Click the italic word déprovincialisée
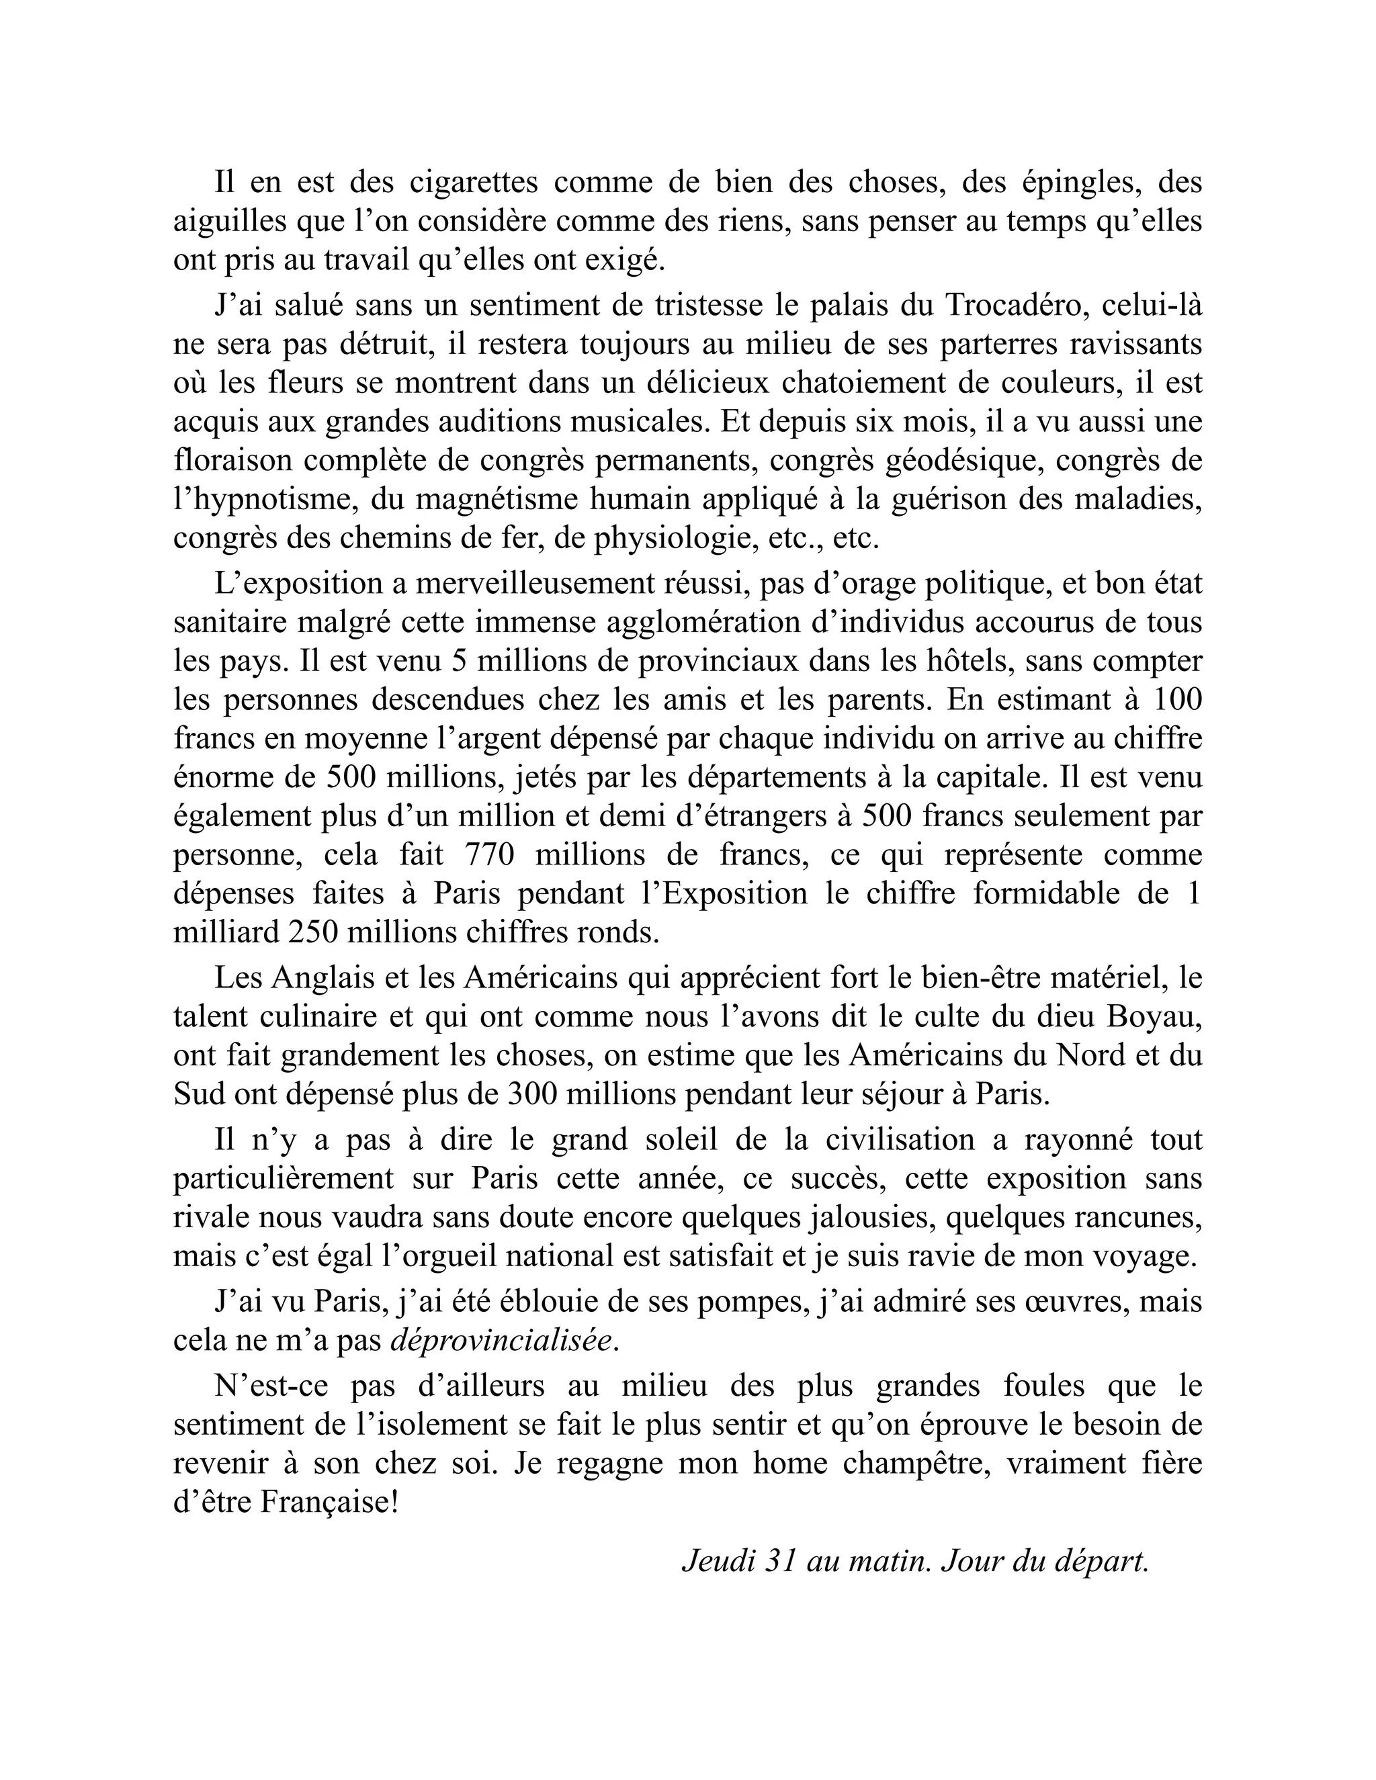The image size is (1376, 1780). point(501,1340)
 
